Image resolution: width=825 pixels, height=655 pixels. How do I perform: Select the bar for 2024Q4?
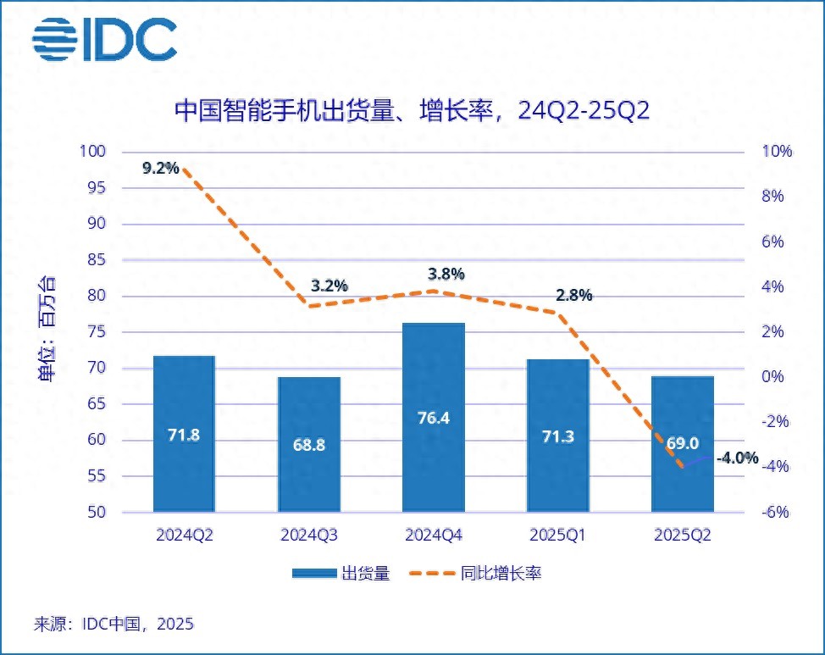[434, 417]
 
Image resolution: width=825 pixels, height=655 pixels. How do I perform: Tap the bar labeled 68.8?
[309, 444]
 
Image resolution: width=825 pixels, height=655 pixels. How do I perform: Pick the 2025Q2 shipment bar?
[683, 444]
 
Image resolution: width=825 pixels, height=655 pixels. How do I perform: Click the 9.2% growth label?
[161, 168]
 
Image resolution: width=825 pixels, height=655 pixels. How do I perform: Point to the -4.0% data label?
[737, 458]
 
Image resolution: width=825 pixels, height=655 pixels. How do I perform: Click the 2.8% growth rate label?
[574, 296]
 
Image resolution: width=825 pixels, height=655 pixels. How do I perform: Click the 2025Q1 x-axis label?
[558, 536]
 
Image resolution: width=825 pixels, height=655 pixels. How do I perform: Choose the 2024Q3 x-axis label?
[309, 536]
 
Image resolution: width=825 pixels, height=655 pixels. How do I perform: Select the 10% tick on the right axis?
[776, 152]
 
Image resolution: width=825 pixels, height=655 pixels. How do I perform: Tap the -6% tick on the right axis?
[776, 512]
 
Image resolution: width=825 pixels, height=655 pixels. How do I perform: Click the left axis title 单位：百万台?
[50, 331]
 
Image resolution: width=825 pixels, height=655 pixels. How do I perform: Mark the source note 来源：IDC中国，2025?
[114, 624]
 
